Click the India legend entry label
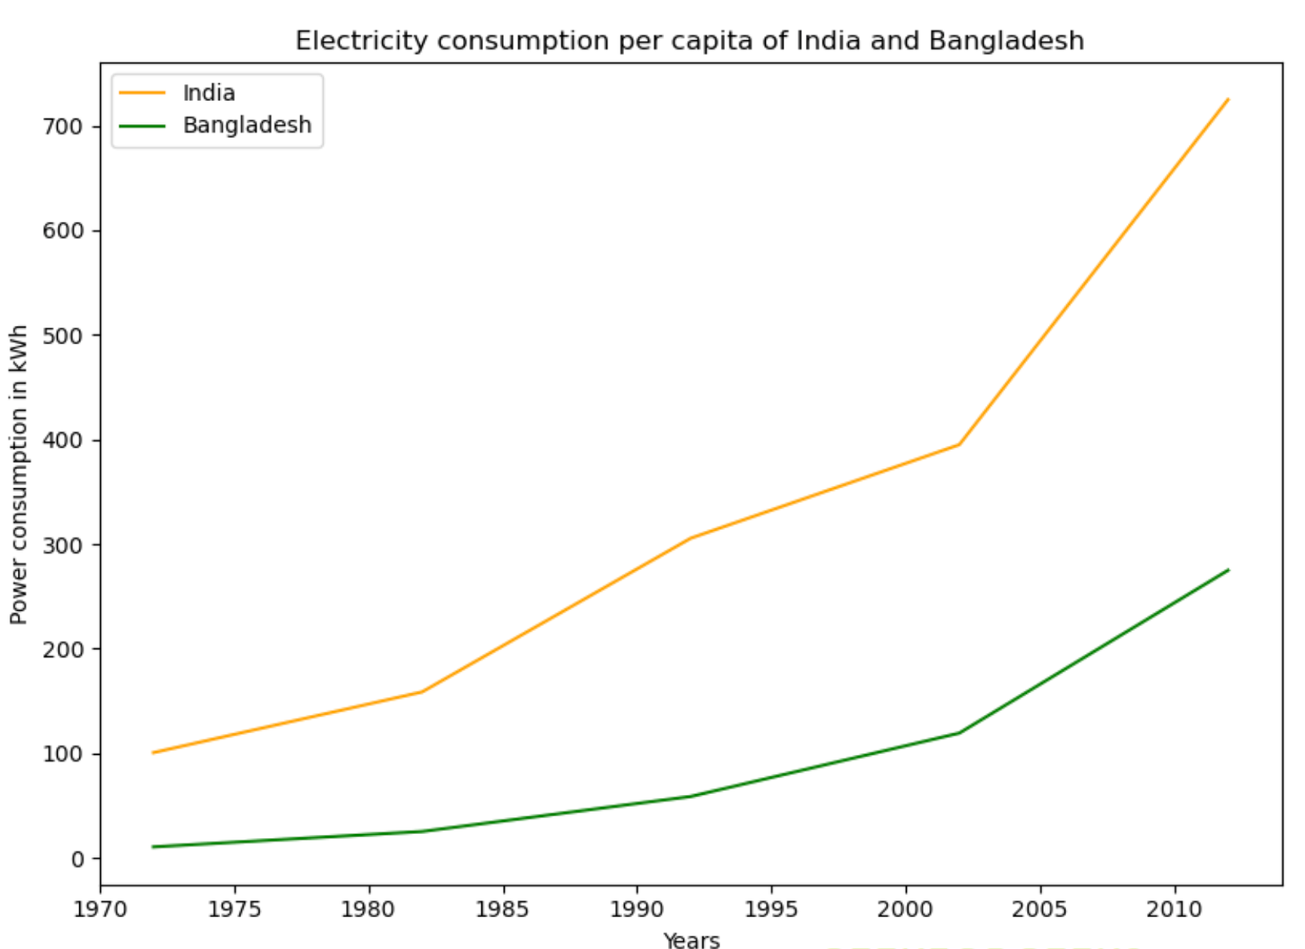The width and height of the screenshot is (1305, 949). (209, 93)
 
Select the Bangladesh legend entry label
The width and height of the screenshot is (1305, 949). (247, 125)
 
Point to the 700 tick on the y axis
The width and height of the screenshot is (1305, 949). (63, 126)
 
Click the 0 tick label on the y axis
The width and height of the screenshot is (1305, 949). (77, 859)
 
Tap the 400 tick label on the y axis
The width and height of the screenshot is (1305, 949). (63, 440)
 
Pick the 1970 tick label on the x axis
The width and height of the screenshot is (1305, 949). (100, 909)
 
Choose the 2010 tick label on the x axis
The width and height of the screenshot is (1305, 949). (1174, 909)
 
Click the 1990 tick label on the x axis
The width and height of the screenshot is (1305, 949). (637, 909)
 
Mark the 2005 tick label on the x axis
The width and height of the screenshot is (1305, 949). (1040, 909)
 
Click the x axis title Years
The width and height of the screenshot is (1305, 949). (692, 941)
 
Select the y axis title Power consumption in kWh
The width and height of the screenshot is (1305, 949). (19, 474)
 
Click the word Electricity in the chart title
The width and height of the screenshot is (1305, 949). (361, 41)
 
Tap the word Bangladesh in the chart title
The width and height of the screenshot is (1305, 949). (1006, 41)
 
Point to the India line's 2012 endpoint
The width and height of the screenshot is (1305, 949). (1228, 99)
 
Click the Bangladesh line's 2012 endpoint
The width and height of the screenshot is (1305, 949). (1228, 570)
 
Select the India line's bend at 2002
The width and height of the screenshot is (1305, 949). (959, 444)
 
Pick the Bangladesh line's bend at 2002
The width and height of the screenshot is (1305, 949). (959, 733)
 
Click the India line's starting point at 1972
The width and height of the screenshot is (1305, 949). (153, 753)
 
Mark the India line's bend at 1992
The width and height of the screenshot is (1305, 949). (691, 538)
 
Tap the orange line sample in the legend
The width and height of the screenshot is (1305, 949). (142, 93)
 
